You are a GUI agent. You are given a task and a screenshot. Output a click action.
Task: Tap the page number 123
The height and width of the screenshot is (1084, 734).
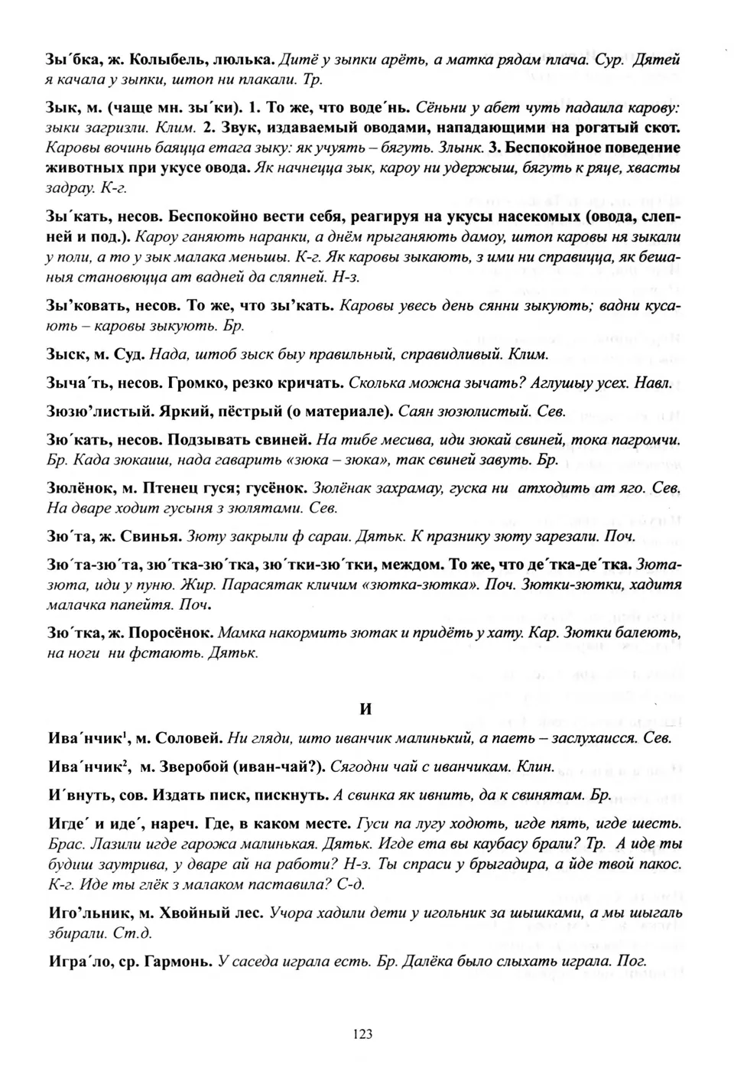click(x=362, y=1034)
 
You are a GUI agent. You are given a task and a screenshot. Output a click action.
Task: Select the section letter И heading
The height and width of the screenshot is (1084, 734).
click(x=365, y=708)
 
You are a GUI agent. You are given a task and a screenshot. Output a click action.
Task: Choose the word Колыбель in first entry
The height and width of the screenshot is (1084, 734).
click(x=160, y=58)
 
